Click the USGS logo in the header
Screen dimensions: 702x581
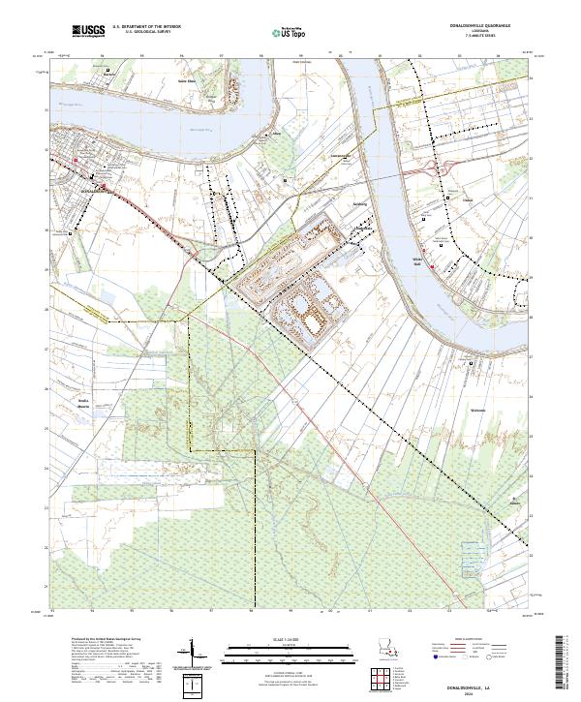point(89,31)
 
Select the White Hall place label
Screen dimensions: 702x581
point(419,259)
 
